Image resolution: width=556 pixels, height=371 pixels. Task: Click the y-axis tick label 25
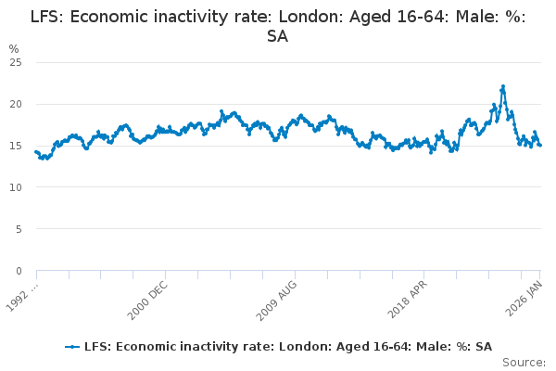point(16,62)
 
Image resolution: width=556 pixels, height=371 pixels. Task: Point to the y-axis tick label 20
point(16,104)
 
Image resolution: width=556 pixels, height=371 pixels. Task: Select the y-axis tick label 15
point(16,146)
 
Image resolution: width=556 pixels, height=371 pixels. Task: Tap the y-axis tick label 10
point(16,187)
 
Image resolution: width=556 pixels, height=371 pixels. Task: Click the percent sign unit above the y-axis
point(13,48)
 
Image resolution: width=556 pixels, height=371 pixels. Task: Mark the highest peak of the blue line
point(503,86)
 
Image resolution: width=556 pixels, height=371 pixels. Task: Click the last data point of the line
point(540,145)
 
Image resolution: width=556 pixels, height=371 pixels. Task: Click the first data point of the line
point(36,151)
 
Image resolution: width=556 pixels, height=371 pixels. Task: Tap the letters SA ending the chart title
point(277,36)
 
